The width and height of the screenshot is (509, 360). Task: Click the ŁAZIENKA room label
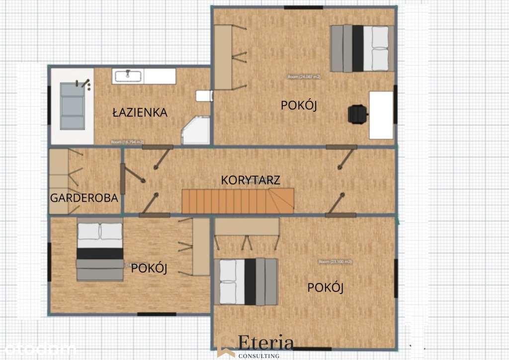click(x=140, y=112)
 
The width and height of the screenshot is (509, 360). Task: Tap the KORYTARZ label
click(x=251, y=180)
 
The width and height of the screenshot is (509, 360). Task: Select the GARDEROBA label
click(x=84, y=198)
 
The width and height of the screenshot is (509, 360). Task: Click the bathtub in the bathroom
click(x=72, y=106)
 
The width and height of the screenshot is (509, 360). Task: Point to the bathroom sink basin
click(x=128, y=76)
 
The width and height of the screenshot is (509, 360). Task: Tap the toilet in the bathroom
click(x=204, y=95)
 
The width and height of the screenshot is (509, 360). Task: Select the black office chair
click(x=357, y=113)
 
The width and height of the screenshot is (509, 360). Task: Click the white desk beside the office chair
click(x=381, y=115)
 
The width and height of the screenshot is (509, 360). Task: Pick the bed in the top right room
click(x=362, y=48)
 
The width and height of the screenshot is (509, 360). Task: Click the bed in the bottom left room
click(x=99, y=251)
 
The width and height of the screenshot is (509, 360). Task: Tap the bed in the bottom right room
click(x=246, y=281)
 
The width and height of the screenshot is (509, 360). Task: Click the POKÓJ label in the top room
click(x=299, y=105)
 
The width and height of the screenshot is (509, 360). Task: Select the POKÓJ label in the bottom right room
click(x=326, y=287)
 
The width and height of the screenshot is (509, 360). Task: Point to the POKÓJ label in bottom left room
click(x=149, y=269)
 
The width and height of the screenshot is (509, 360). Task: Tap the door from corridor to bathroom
click(x=158, y=147)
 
